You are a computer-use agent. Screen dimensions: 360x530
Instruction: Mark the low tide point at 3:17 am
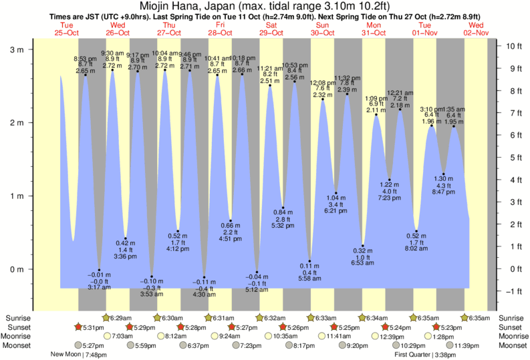click(99, 270)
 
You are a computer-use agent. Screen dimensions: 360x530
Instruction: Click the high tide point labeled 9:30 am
click(112, 70)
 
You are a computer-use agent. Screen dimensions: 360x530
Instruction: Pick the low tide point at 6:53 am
click(363, 246)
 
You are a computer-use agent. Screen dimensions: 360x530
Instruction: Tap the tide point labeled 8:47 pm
click(442, 174)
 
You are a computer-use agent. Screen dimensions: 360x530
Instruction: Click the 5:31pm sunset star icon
click(78, 327)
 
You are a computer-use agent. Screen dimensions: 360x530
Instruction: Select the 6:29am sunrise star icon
click(106, 318)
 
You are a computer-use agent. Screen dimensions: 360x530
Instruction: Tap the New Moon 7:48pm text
click(78, 355)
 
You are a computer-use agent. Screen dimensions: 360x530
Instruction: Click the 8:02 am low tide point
click(416, 231)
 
